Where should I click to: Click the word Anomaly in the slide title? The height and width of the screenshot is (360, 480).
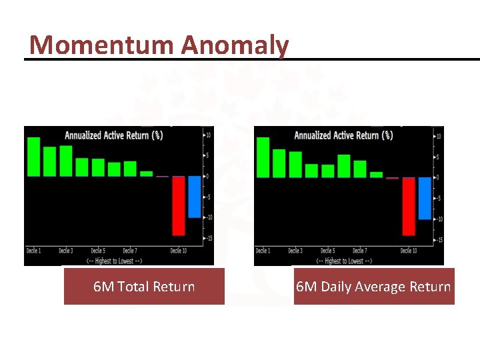tap(235, 45)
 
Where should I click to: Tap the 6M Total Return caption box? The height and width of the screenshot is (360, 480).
tap(144, 287)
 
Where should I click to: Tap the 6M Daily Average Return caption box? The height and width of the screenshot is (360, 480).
tap(373, 287)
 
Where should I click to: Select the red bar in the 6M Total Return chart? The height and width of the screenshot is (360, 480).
tap(179, 205)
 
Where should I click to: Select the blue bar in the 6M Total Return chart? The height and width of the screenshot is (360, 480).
tap(195, 197)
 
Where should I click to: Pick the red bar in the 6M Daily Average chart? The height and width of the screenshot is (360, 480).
tap(409, 206)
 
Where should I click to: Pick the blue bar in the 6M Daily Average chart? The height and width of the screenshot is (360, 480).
tap(425, 198)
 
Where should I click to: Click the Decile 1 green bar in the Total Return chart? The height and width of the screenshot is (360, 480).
tap(33, 157)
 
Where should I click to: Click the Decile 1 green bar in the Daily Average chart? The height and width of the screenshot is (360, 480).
tap(263, 157)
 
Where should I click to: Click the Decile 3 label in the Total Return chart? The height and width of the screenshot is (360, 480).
tap(65, 251)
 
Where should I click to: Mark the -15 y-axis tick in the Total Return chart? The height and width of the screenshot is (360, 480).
tap(208, 238)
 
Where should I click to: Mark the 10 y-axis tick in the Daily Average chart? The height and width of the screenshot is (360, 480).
tap(437, 136)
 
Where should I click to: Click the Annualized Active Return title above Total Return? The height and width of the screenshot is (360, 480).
tap(113, 135)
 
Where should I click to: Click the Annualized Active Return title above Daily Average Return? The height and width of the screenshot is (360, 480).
tap(343, 135)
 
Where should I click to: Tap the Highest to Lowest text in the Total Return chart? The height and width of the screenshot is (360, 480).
tap(114, 260)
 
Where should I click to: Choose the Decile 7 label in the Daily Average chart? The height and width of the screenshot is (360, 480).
tap(359, 251)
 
